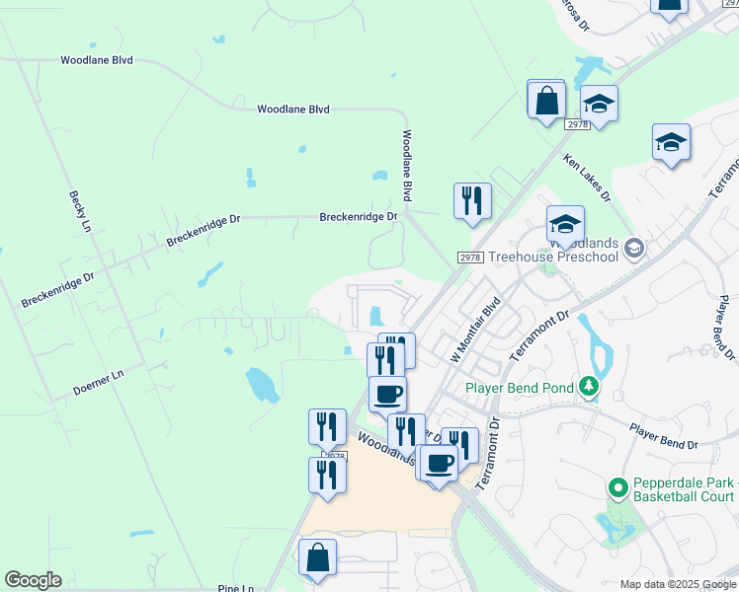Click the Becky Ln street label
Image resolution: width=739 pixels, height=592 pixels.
tap(75, 211)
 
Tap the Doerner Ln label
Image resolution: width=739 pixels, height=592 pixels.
tap(98, 383)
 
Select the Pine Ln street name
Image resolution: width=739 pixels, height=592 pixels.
tap(236, 588)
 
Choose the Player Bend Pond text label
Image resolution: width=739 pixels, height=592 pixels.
tap(520, 388)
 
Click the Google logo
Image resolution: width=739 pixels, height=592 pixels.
tap(33, 580)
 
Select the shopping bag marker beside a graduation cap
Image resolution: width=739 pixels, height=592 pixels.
tap(546, 101)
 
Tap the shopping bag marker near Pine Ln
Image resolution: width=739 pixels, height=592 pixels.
tap(318, 558)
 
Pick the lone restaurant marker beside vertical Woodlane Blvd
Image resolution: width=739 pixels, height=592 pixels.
tap(472, 201)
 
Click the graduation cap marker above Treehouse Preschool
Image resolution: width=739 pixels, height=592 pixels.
tap(566, 224)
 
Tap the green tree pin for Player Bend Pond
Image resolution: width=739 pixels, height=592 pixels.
tap(589, 387)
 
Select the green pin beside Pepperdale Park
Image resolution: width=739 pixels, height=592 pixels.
tap(617, 488)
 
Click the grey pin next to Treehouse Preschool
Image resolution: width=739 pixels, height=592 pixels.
tap(633, 248)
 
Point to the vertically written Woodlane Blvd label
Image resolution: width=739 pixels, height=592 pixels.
tap(406, 165)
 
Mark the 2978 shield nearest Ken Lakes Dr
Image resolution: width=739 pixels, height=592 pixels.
tap(578, 124)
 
